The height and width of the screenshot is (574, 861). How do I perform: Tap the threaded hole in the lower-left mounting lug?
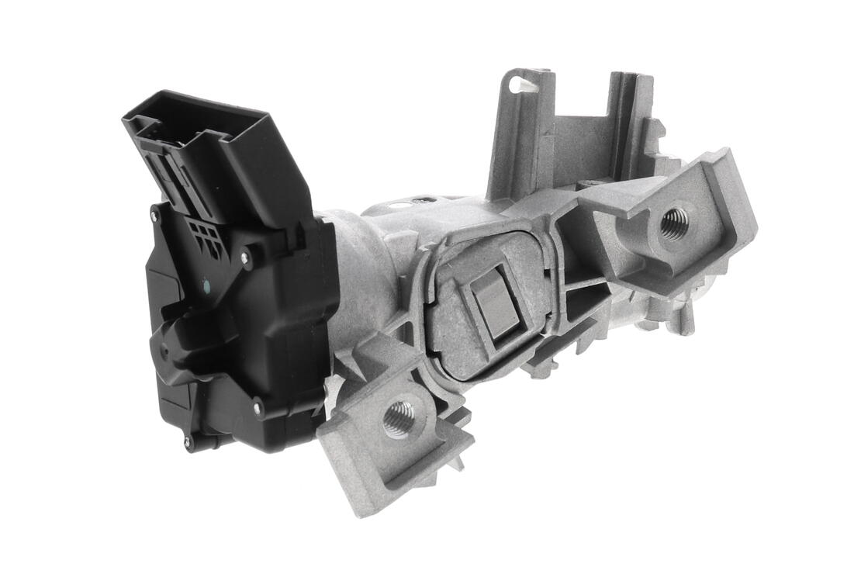tap(399, 419)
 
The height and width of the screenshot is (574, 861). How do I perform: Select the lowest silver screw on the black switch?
tap(187, 443)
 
